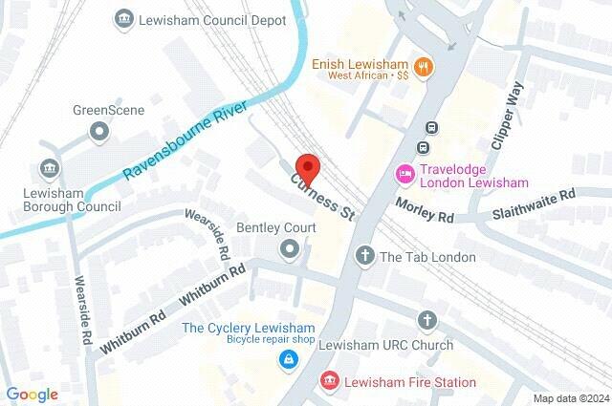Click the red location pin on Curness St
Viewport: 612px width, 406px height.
tap(307, 165)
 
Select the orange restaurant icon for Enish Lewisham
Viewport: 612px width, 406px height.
tap(426, 66)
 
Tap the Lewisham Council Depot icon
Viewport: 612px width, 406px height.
tap(122, 17)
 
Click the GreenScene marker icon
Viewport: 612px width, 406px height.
tap(96, 131)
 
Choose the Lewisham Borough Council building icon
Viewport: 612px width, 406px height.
tap(50, 169)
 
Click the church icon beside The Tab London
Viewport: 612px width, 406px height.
tap(364, 256)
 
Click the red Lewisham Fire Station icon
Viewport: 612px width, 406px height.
tap(330, 381)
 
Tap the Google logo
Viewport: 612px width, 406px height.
tap(32, 394)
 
